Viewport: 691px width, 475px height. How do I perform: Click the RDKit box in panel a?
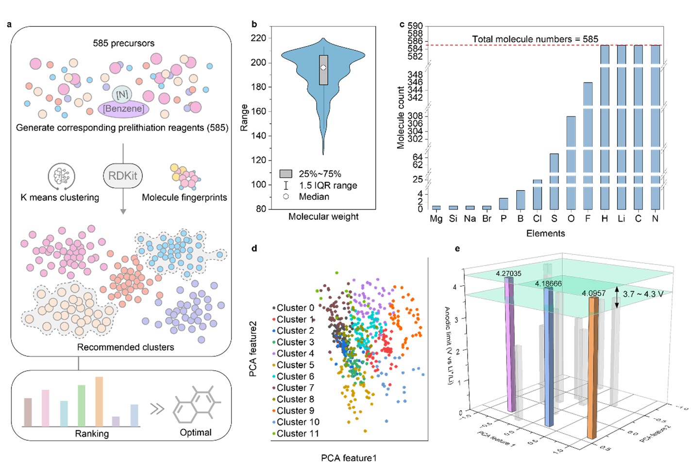click(x=123, y=176)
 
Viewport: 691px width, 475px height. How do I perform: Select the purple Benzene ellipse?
click(x=123, y=109)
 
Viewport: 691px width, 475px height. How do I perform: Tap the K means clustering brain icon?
click(x=61, y=176)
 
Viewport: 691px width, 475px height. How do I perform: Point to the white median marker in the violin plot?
click(x=323, y=68)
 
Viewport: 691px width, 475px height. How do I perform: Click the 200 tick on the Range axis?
click(x=258, y=63)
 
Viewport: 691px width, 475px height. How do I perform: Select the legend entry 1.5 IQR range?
click(x=328, y=185)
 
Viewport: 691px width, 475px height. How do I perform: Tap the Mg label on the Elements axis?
click(x=436, y=219)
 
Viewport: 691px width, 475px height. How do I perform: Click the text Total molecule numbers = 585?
click(x=535, y=39)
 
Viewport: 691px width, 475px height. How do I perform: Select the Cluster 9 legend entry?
click(x=295, y=410)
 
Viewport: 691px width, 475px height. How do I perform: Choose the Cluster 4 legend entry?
click(x=295, y=353)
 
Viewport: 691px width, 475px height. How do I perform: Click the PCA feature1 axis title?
click(x=349, y=458)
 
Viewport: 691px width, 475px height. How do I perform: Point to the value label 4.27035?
click(x=508, y=274)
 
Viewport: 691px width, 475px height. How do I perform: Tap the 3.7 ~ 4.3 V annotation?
click(x=643, y=294)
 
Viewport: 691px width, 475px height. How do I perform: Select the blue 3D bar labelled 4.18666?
click(x=549, y=357)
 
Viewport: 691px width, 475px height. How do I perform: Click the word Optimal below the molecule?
click(x=196, y=432)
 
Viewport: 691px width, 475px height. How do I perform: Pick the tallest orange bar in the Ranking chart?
click(x=99, y=401)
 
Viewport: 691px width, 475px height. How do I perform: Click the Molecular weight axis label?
click(x=323, y=217)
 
